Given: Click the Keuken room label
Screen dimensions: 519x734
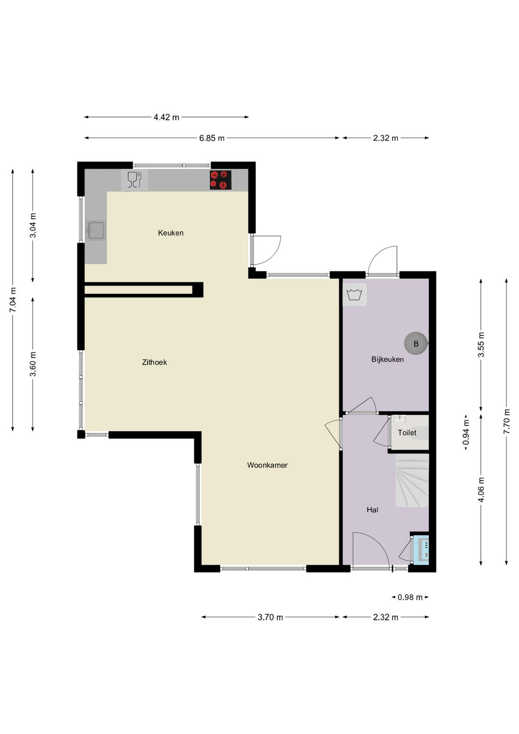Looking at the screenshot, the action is (171, 233).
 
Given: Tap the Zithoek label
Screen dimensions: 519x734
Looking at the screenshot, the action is (155, 362).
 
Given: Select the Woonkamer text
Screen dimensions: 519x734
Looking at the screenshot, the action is (267, 465).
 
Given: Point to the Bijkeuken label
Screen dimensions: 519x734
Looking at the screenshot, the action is (387, 359).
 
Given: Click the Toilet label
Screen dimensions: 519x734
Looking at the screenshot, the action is (407, 432).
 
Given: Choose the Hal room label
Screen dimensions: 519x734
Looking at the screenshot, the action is (372, 510).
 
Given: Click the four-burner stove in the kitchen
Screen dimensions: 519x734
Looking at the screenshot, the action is (221, 180).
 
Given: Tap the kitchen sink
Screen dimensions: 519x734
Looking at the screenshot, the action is (96, 230).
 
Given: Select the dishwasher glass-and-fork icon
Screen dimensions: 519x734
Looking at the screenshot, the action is (134, 180).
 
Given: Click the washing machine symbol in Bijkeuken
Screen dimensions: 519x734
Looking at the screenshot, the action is (355, 294).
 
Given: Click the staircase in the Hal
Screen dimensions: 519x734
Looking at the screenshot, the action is (412, 481).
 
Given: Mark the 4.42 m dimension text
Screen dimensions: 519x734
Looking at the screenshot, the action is (166, 117).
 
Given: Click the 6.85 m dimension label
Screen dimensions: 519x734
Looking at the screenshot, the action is (212, 138).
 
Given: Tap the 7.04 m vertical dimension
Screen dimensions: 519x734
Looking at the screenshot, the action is (13, 300).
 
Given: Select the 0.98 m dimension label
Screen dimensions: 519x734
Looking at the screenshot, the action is (410, 597).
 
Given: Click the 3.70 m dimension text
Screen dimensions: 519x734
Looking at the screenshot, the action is (270, 617).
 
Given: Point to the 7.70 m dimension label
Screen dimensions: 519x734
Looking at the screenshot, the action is (507, 421).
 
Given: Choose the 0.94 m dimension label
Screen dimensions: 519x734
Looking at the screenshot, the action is (466, 432).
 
